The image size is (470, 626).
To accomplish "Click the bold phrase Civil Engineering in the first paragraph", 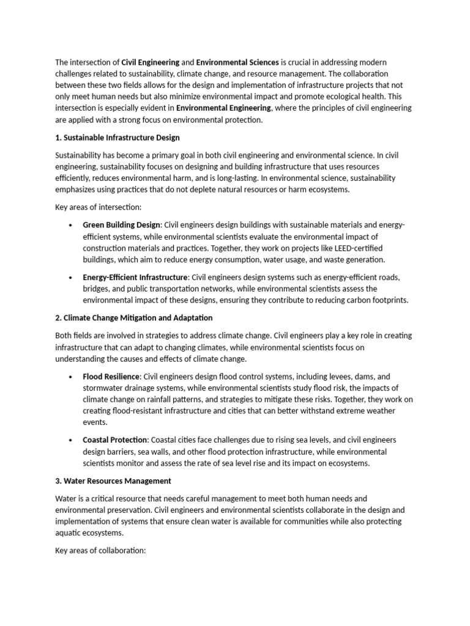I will pos(151,62).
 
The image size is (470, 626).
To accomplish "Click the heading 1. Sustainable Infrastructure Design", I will pos(117,138).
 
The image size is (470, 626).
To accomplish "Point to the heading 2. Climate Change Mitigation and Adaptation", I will pos(133,318).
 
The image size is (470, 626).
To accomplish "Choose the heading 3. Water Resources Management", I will pos(113,481).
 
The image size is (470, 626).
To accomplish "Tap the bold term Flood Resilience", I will pos(111,376).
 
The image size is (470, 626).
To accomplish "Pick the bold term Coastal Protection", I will pos(115,440).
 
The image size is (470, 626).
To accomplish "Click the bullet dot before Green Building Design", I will pos(72,225).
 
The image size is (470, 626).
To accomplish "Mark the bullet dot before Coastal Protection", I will pos(72,440).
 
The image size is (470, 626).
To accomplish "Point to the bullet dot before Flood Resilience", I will pos(72,376).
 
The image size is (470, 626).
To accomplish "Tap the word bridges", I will pos(97,289).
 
